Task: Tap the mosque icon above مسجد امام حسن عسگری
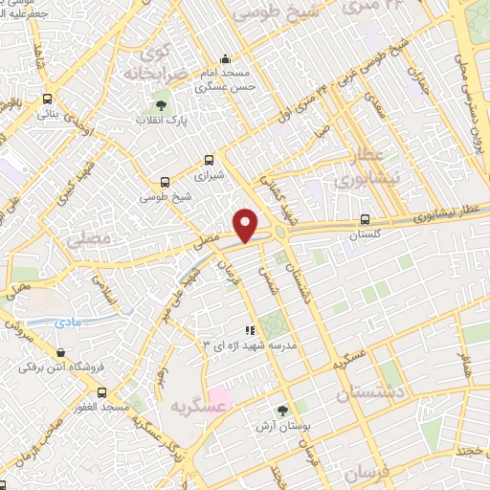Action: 225,57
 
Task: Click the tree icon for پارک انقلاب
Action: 160,104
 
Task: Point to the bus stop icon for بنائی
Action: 47,99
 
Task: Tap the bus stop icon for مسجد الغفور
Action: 102,391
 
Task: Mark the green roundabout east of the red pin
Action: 280,229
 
